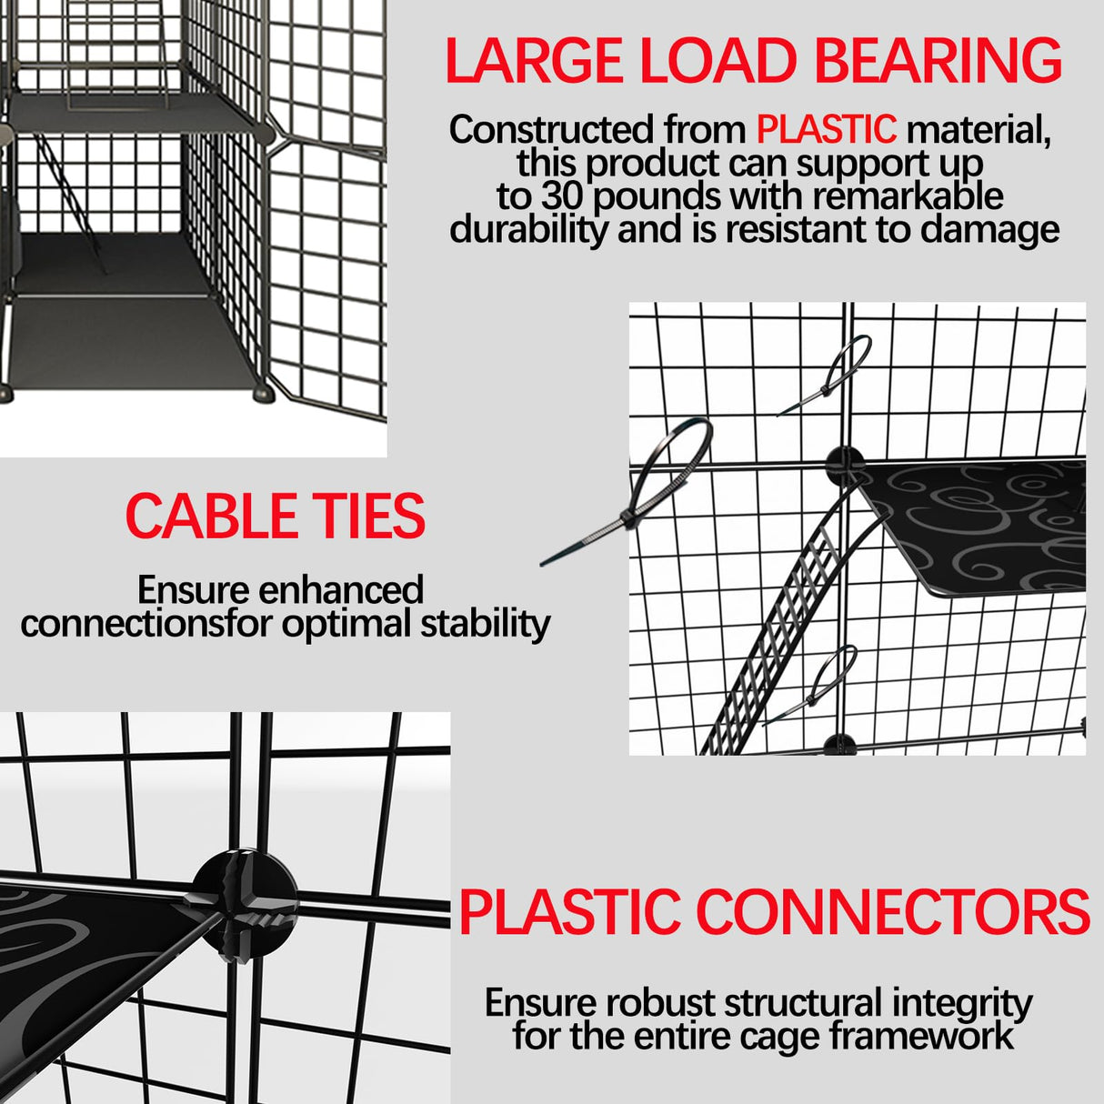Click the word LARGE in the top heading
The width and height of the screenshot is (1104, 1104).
pyautogui.click(x=532, y=61)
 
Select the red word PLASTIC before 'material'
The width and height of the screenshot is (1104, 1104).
pyautogui.click(x=826, y=130)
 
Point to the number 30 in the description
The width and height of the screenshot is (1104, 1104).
pyautogui.click(x=563, y=196)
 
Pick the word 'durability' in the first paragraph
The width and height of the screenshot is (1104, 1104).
pyautogui.click(x=528, y=230)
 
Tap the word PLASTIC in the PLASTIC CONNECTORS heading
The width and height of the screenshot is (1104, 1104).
pyautogui.click(x=569, y=912)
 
